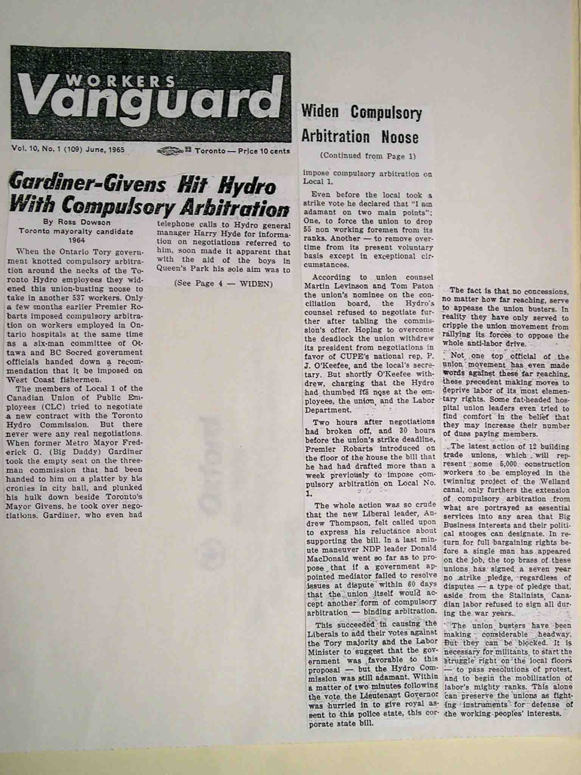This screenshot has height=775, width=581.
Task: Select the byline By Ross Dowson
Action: [x=76, y=223]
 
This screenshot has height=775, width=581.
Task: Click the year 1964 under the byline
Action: [x=76, y=240]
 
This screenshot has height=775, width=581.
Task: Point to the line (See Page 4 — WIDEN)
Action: [x=224, y=283]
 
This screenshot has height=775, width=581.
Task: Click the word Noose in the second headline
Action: [x=400, y=137]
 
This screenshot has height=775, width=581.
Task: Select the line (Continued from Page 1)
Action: [x=367, y=156]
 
